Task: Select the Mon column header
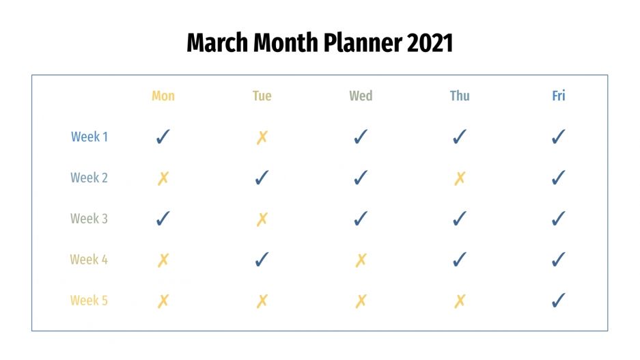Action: pos(163,96)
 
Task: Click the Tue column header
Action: pos(262,96)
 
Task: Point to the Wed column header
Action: pos(361,96)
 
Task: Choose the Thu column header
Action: pos(460,96)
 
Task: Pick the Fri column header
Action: pos(559,96)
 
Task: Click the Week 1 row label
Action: pos(89,137)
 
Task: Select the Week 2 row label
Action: pos(89,178)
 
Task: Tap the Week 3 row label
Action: pos(89,219)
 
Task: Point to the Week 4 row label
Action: pos(89,260)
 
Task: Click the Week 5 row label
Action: pos(89,301)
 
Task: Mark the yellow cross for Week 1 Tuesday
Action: pos(262,137)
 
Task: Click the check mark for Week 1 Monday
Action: pos(163,137)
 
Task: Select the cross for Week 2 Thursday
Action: pos(460,178)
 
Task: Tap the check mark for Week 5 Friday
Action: pos(559,301)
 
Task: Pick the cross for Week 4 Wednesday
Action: pos(361,260)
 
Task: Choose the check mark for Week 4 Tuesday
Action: pos(262,260)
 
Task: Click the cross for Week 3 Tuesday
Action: pos(262,219)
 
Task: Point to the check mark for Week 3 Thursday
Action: pos(460,219)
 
